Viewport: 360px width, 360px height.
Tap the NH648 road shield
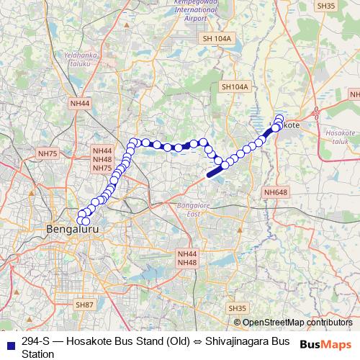click(275, 192)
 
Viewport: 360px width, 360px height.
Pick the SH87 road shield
click(85, 305)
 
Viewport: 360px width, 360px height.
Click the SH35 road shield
click(238, 308)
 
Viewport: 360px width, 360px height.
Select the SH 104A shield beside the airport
click(218, 38)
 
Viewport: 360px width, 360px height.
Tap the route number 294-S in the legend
click(35, 341)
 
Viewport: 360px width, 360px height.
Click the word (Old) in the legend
click(176, 341)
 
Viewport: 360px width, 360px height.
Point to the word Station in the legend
click(38, 354)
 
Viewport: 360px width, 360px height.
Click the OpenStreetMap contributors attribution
click(297, 322)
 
